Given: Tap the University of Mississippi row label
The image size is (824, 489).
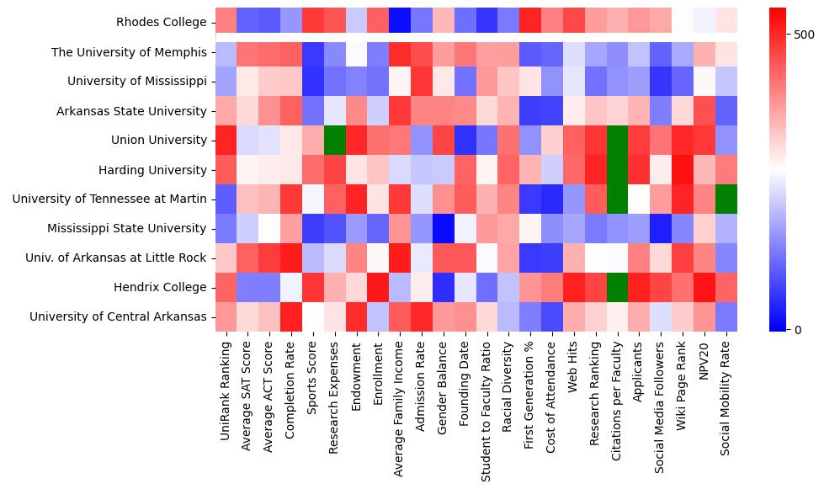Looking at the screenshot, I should click(137, 82).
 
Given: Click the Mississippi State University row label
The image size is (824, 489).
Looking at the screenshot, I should click(127, 228).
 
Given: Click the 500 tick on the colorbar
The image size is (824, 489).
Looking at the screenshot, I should click(805, 35).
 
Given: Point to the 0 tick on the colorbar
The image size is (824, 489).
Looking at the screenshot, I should click(797, 329).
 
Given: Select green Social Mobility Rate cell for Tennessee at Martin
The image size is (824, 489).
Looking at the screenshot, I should click(726, 199).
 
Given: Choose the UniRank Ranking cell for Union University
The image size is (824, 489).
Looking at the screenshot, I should click(226, 140).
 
